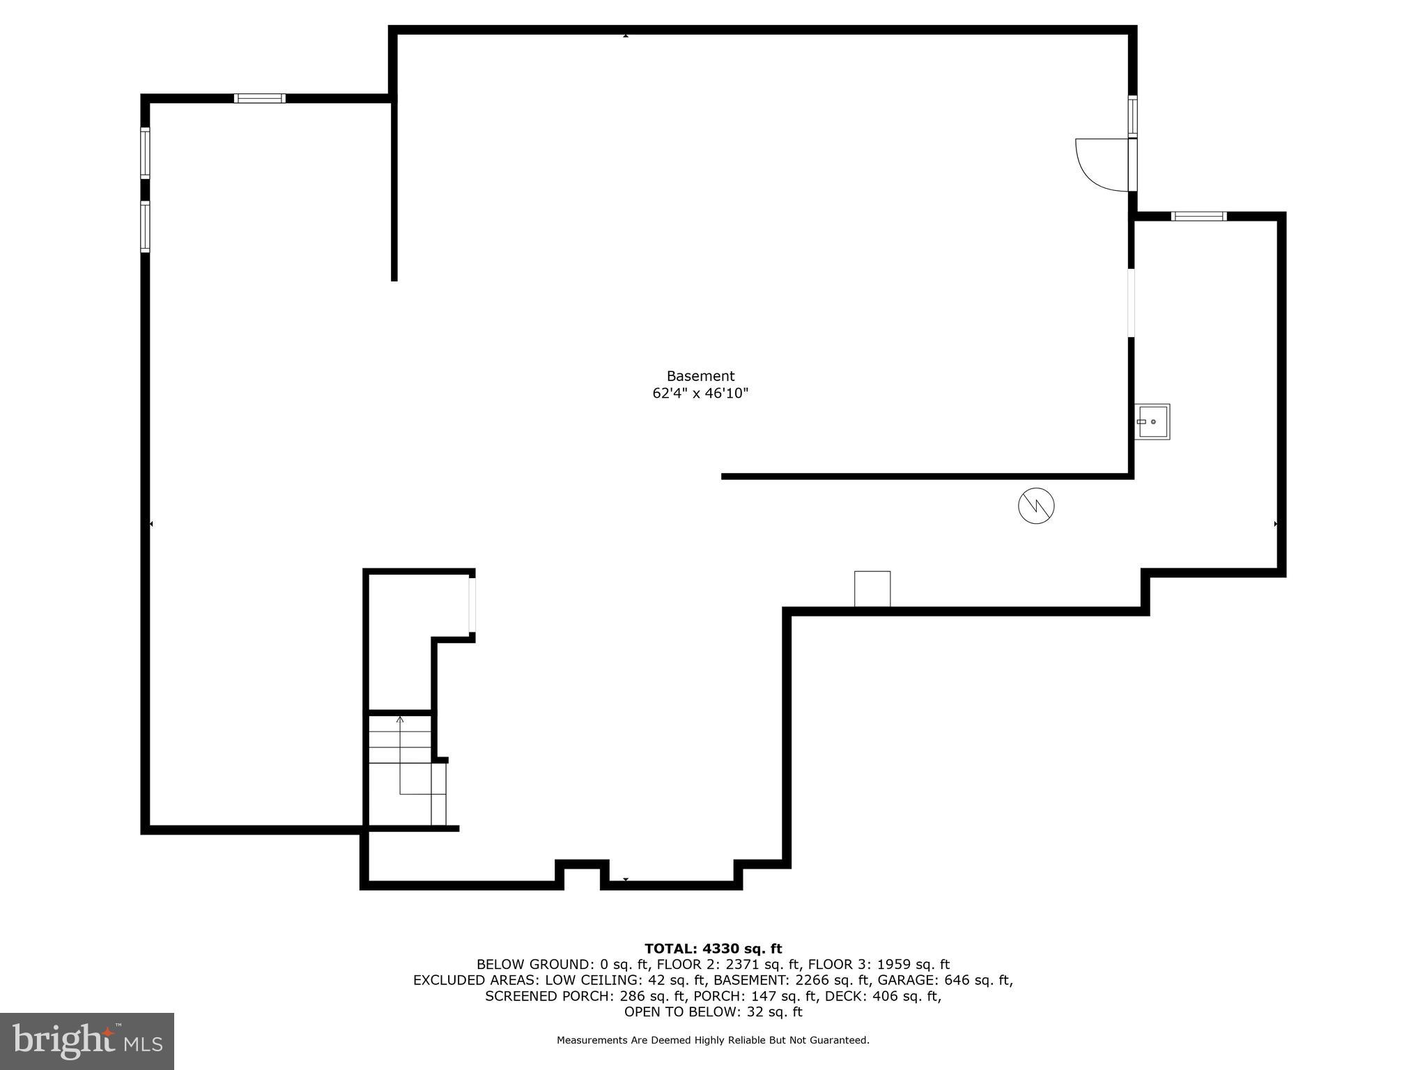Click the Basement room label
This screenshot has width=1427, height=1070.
pos(700,376)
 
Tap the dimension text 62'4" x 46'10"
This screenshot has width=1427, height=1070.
pos(700,394)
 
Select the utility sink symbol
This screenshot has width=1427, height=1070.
pos(1152,421)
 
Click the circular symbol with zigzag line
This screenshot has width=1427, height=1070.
pos(1036,506)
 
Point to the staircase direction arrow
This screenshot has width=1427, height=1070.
pos(400,756)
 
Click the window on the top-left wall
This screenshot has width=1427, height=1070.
pos(259,98)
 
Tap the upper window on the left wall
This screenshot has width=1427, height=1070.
pos(145,153)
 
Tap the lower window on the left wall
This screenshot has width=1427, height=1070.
pos(145,226)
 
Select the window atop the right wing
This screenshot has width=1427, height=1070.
pos(1198,217)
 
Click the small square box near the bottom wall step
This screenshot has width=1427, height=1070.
pos(872,589)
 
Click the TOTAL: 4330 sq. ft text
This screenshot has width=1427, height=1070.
pos(713,949)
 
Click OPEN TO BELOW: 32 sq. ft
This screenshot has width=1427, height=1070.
pos(713,1012)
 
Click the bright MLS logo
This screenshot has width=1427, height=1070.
pos(87,1041)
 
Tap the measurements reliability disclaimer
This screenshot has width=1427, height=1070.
pos(713,1041)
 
